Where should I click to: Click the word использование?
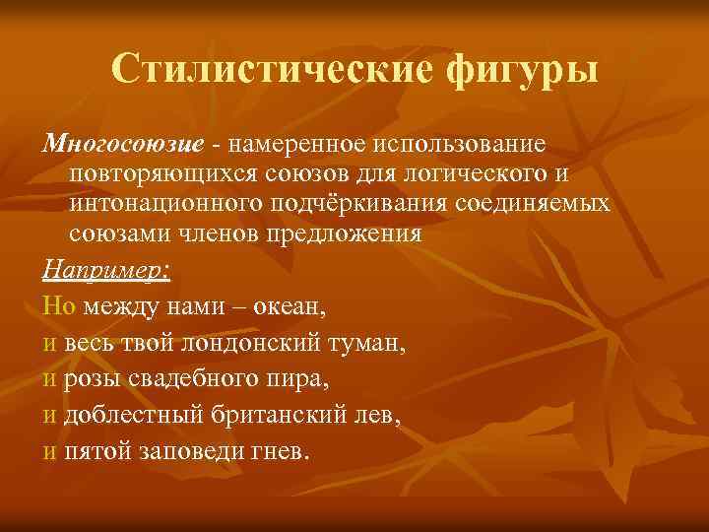pos(458,145)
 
